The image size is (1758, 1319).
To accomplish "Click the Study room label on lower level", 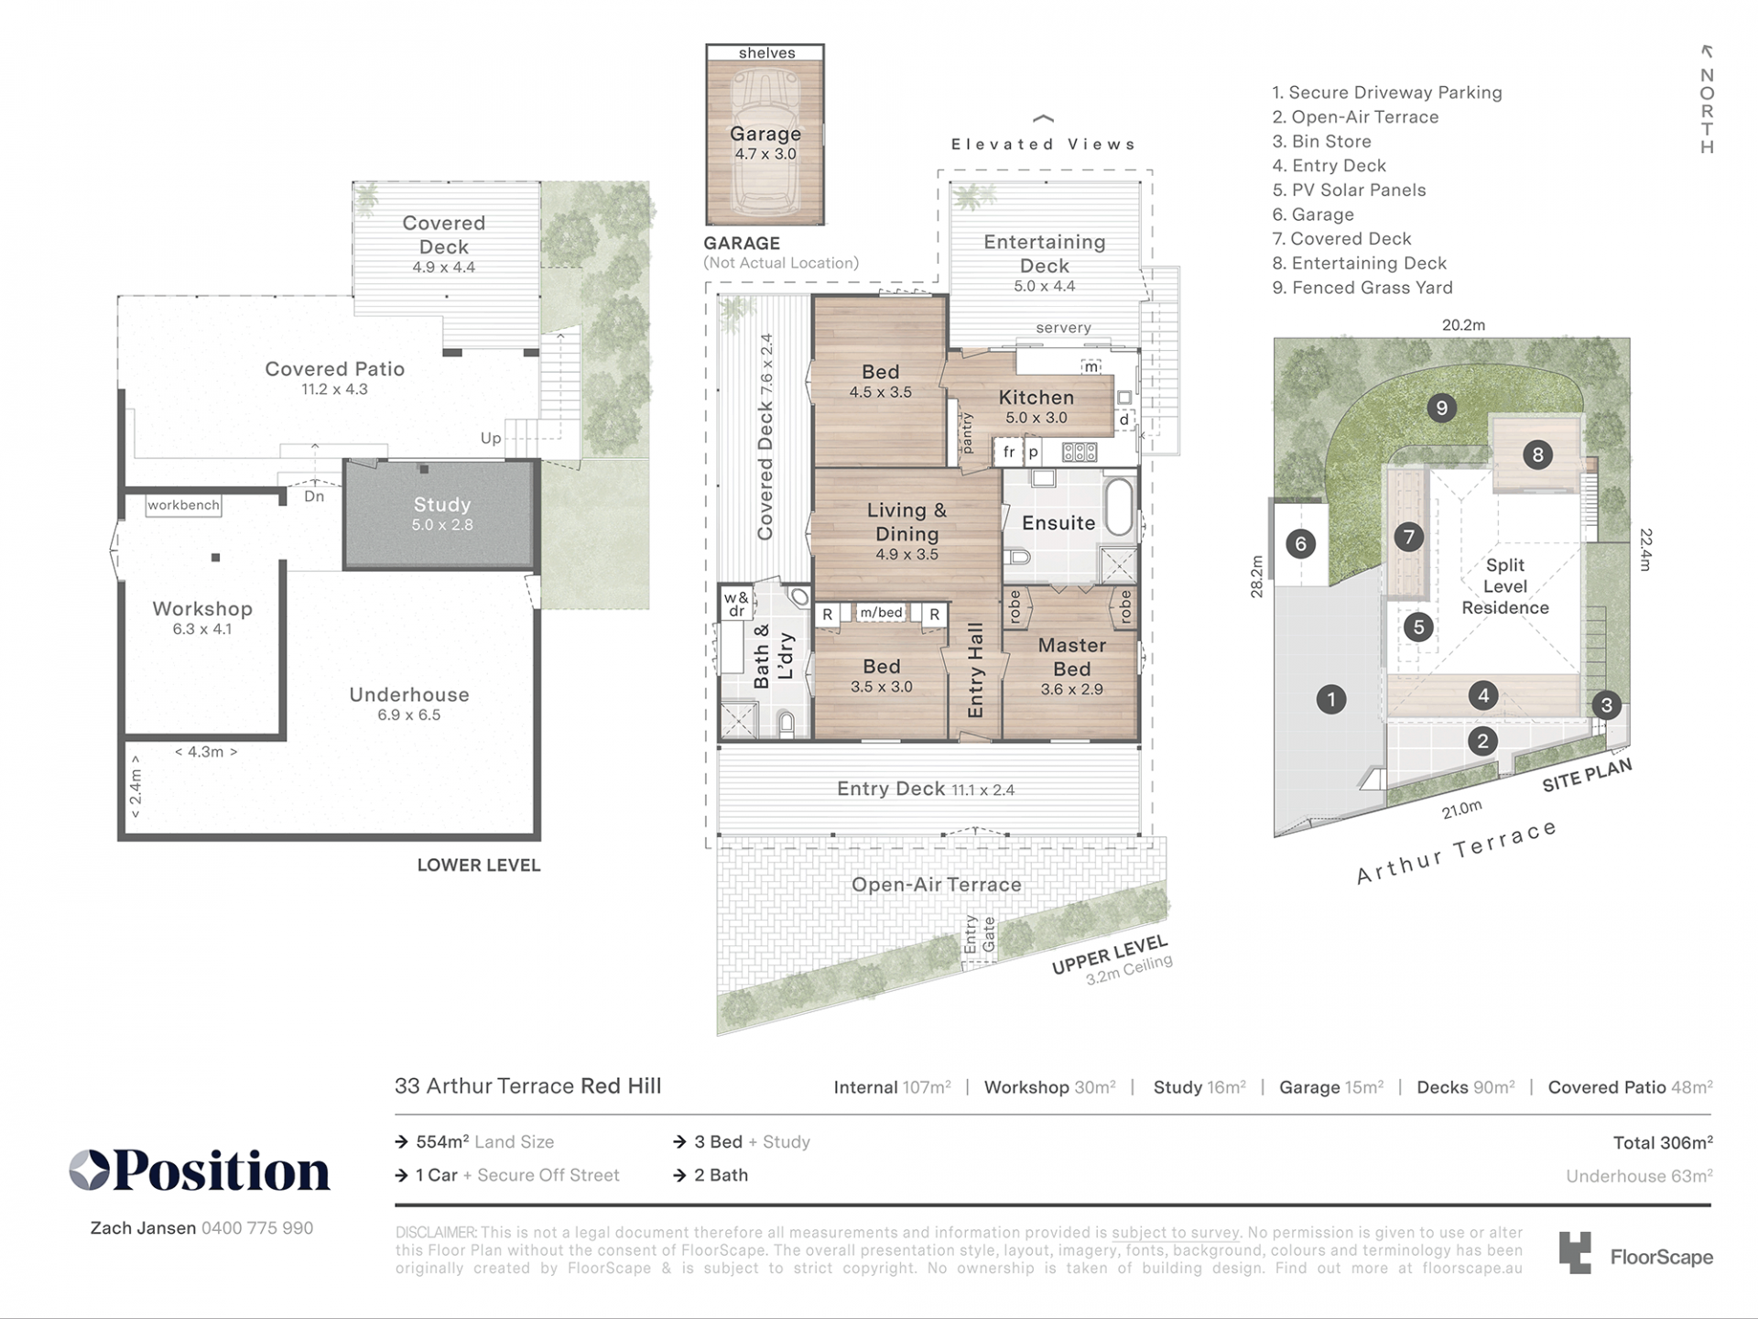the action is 441,505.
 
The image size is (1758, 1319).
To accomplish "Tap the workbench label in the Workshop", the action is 183,505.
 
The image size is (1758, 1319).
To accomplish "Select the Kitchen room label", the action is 1036,398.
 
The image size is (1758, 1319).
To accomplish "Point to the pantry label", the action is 967,432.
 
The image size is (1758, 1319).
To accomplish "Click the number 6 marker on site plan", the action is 1300,544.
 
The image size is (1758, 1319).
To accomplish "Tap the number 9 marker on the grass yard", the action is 1441,408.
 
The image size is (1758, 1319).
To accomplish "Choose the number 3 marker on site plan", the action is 1606,705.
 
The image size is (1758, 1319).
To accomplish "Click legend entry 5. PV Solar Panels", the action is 1349,191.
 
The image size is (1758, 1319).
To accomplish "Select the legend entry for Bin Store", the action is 1321,142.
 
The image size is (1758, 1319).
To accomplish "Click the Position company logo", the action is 200,1171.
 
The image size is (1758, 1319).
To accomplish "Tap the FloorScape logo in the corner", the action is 1635,1254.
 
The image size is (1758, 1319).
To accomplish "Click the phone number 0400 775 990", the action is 257,1228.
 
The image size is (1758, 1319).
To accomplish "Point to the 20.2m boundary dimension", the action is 1463,325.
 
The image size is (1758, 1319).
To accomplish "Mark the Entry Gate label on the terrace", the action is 979,934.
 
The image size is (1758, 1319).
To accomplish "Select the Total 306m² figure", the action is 1663,1142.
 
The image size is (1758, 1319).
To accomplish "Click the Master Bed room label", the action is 1072,657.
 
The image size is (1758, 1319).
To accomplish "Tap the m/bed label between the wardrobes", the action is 881,613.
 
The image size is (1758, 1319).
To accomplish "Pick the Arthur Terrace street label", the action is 1457,853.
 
